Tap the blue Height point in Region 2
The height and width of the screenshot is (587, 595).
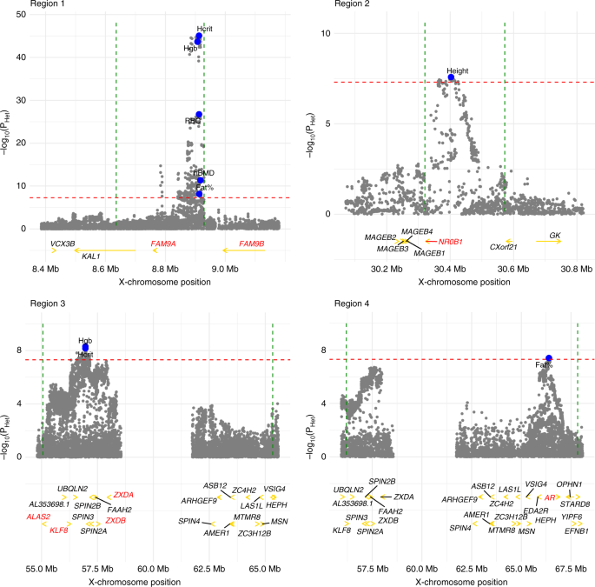click(451, 77)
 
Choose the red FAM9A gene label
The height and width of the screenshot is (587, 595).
click(164, 244)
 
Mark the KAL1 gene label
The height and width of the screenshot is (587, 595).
click(92, 257)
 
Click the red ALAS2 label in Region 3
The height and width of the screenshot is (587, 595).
click(62, 517)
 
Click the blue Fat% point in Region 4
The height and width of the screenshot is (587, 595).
click(549, 358)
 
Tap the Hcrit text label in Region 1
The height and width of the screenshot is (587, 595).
click(205, 30)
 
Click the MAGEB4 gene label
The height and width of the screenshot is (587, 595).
click(416, 231)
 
